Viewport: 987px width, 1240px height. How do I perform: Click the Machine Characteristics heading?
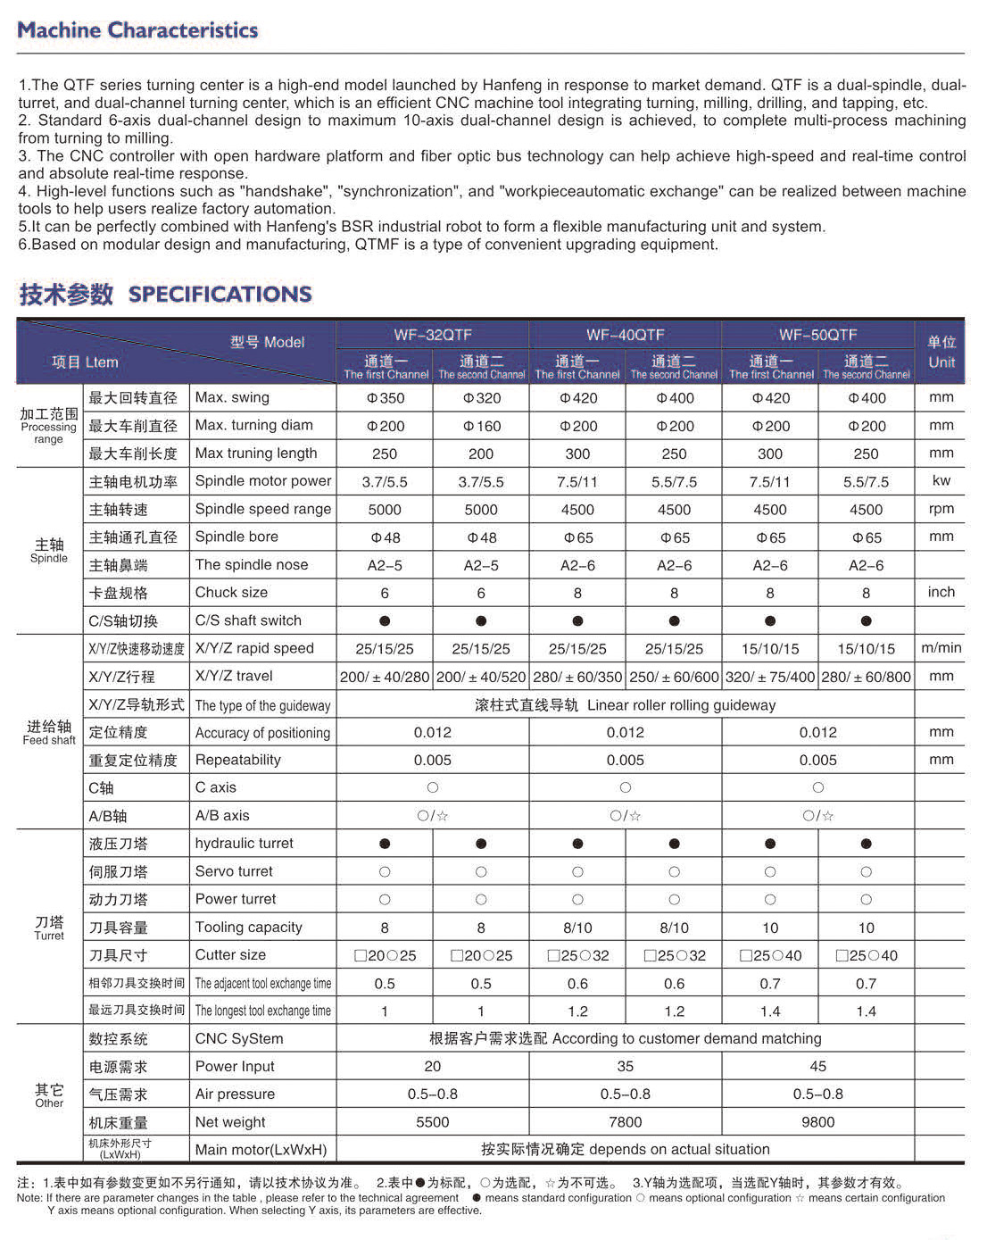click(x=137, y=30)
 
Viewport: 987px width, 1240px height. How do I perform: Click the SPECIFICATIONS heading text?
click(x=220, y=294)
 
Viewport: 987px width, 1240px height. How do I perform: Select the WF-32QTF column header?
click(x=432, y=335)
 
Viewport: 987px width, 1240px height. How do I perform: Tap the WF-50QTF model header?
click(x=817, y=335)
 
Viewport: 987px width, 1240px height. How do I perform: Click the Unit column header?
click(x=941, y=353)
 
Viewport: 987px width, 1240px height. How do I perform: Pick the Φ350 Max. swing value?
click(x=385, y=398)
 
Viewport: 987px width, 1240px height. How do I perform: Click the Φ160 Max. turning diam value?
click(x=481, y=426)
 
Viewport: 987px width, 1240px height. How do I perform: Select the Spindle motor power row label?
click(x=262, y=481)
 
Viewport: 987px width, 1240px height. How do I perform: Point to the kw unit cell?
click(x=941, y=481)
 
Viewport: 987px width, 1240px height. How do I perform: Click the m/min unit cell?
click(x=941, y=648)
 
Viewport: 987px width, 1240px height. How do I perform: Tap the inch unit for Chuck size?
click(x=941, y=592)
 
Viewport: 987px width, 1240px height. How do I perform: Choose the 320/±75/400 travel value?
click(x=769, y=677)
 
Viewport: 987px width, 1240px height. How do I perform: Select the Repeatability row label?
click(x=237, y=760)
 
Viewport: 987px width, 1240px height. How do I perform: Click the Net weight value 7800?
click(x=625, y=1122)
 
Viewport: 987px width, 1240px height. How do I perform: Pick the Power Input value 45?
click(x=817, y=1066)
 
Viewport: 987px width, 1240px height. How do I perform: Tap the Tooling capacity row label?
click(x=248, y=928)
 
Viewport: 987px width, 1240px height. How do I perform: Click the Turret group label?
click(x=49, y=928)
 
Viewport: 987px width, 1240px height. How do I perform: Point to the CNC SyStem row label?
click(x=238, y=1038)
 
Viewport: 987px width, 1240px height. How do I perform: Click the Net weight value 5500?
click(x=432, y=1122)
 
